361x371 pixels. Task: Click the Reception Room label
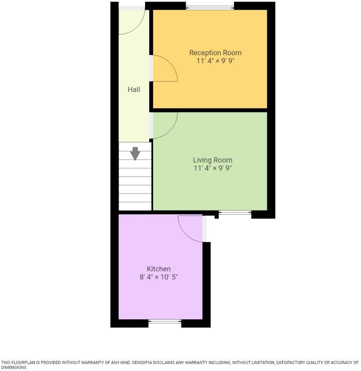click(x=215, y=53)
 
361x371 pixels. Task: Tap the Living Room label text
click(x=213, y=160)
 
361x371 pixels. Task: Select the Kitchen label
click(x=159, y=269)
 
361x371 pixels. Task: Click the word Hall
click(x=134, y=90)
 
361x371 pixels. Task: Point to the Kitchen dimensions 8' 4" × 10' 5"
click(x=159, y=277)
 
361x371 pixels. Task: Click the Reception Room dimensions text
click(x=215, y=61)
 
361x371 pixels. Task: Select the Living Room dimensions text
click(x=213, y=168)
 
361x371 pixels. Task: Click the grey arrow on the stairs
click(x=135, y=153)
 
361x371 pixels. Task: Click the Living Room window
click(x=235, y=212)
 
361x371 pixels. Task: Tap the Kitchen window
click(x=165, y=321)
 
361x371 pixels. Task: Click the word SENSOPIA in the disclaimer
click(x=144, y=362)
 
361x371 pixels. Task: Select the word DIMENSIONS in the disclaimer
click(x=14, y=368)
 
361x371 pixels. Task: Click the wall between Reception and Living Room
click(x=210, y=110)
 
